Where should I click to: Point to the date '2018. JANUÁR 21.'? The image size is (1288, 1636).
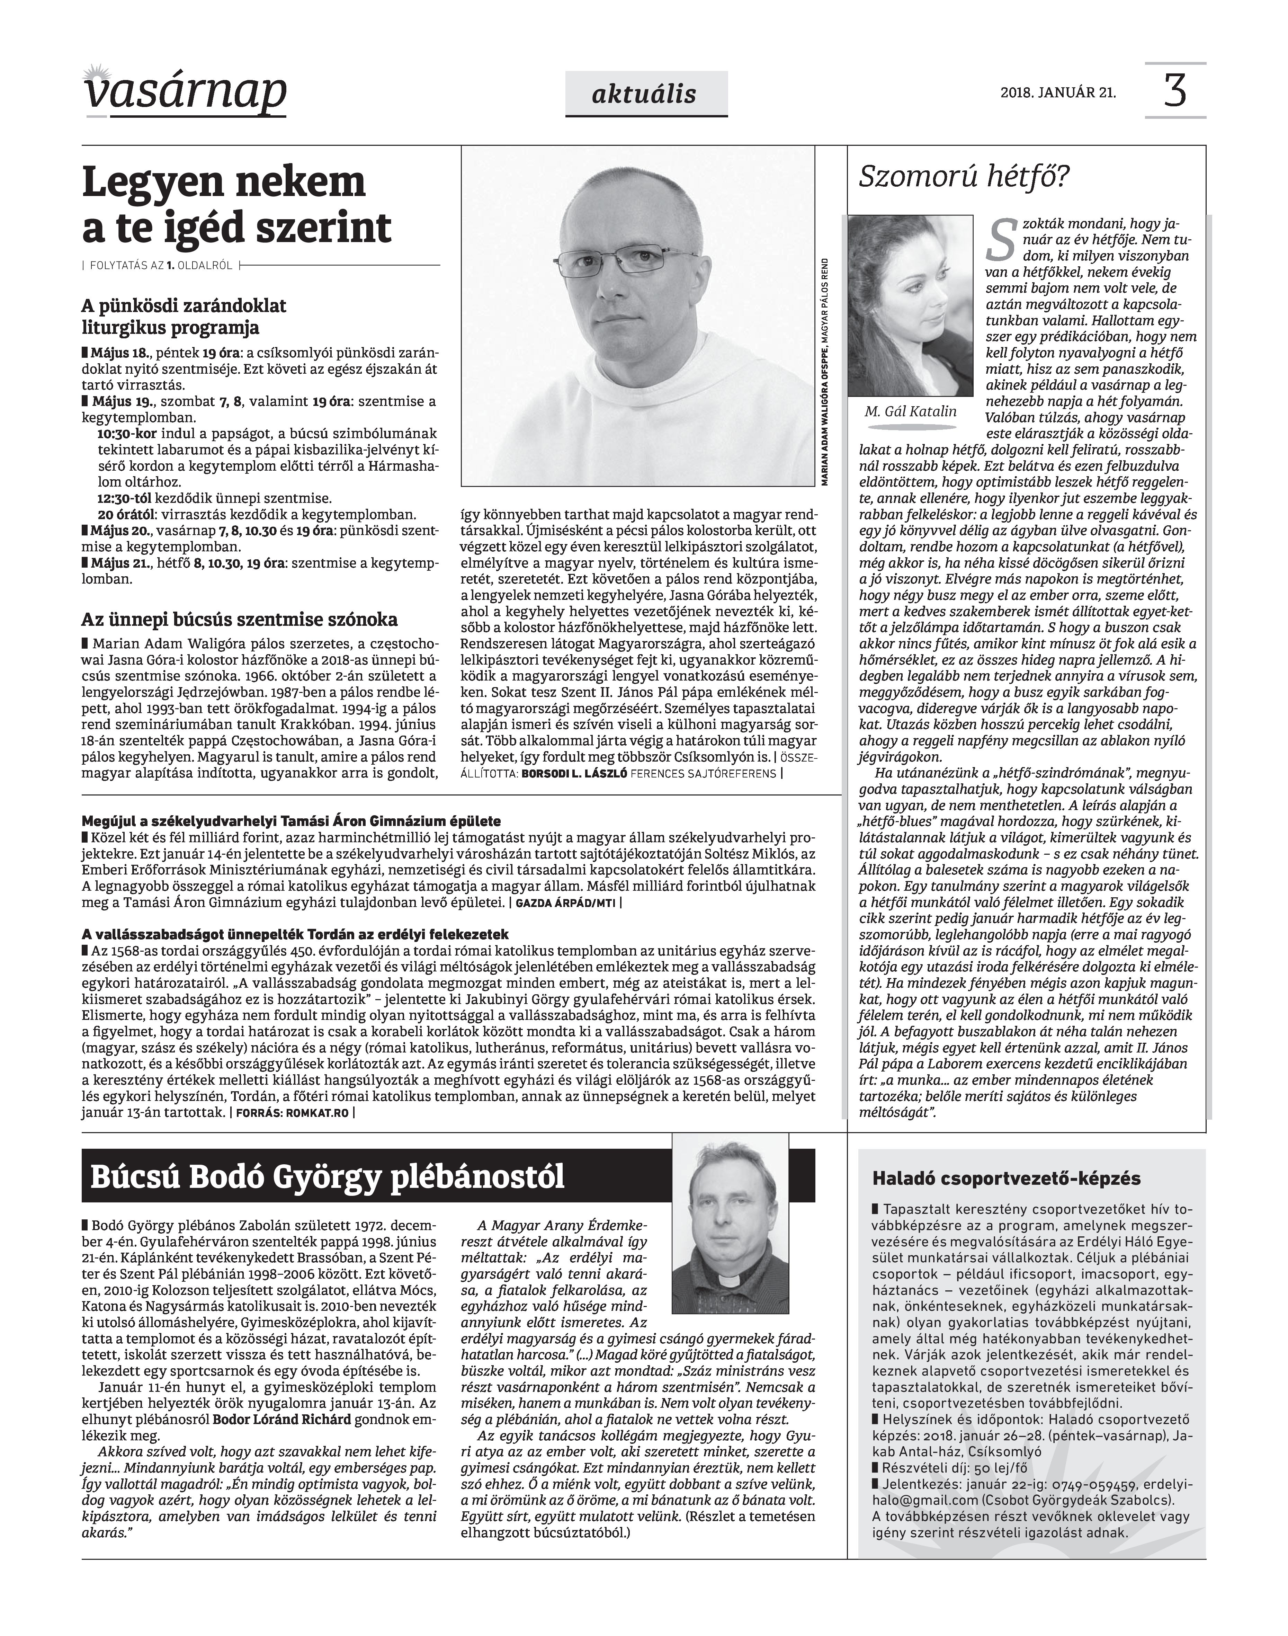1058,94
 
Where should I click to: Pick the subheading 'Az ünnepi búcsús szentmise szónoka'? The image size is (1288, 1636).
239,620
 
